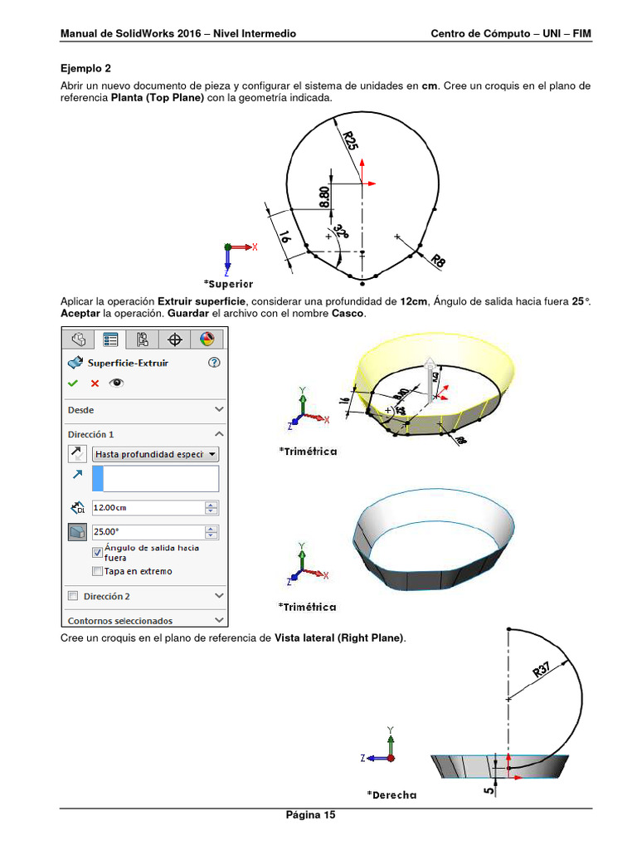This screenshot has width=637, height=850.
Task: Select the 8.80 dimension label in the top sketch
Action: coord(324,197)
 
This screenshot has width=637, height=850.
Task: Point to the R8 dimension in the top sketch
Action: coord(438,261)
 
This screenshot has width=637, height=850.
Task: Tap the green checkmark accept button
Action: coord(73,383)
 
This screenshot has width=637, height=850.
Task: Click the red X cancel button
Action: coord(95,383)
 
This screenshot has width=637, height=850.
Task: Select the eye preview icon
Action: coord(117,383)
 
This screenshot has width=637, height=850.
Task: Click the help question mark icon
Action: coord(215,363)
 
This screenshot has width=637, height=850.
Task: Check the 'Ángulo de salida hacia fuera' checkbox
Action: coord(98,553)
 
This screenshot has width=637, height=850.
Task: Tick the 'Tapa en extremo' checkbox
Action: coord(98,571)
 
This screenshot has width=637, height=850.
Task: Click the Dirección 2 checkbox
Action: coord(73,596)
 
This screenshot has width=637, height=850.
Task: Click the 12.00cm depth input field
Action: coord(148,508)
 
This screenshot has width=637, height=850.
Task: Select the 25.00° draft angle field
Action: coord(148,532)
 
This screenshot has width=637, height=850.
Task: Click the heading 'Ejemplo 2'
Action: coord(85,68)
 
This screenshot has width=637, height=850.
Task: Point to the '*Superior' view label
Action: coord(228,284)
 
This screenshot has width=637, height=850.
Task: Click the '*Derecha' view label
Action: coord(391,794)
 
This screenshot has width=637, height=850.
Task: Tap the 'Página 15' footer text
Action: coord(310,815)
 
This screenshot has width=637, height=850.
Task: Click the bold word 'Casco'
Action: coord(347,313)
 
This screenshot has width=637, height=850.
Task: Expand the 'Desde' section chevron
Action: coord(219,410)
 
